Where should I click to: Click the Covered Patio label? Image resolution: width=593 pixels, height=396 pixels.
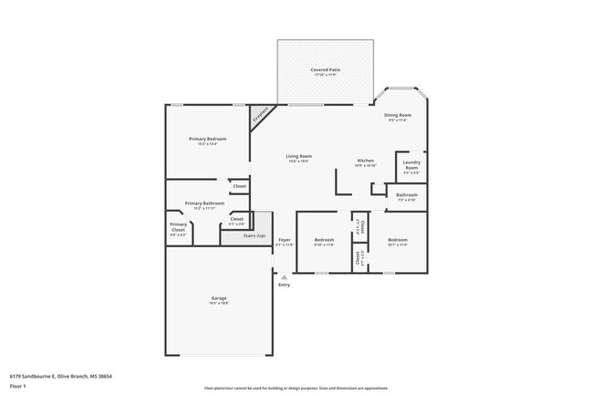(324, 72)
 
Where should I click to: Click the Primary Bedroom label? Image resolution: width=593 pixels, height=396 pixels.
(207, 141)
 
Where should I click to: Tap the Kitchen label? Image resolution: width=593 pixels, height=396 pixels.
(366, 162)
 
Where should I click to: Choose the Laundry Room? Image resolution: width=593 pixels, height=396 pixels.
(411, 168)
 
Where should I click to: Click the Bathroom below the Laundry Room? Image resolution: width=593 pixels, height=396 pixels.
(407, 196)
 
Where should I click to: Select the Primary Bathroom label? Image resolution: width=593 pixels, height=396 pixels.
(204, 205)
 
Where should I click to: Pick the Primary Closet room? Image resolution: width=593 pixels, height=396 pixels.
(179, 229)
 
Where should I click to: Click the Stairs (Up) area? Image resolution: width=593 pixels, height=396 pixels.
(255, 235)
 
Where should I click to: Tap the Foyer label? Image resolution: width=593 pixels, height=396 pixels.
(285, 242)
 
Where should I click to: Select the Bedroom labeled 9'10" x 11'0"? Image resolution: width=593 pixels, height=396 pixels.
(325, 243)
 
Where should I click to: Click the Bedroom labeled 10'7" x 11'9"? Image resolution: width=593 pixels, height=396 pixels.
(398, 243)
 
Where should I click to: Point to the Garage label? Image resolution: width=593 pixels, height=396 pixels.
(218, 299)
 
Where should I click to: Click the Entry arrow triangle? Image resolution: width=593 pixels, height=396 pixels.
(284, 276)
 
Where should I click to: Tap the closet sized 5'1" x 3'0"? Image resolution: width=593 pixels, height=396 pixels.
(236, 220)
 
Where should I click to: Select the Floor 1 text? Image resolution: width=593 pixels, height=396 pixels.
(19, 386)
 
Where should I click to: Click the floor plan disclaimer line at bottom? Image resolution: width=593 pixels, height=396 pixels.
(296, 387)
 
